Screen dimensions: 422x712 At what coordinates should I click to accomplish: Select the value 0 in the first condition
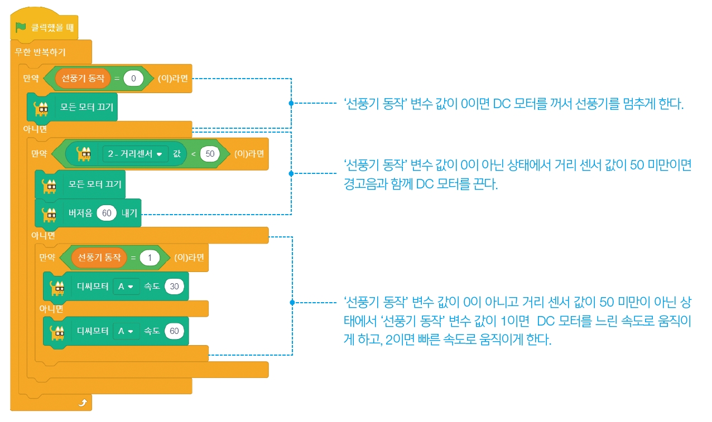point(133,79)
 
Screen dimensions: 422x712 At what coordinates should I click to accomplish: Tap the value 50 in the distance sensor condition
point(209,153)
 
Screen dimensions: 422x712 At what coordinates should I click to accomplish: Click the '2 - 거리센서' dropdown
point(136,153)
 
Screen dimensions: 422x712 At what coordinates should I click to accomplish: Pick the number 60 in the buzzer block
point(107,213)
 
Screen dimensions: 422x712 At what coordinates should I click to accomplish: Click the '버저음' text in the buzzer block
point(80,213)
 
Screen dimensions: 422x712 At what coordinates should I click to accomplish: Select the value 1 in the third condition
point(150,258)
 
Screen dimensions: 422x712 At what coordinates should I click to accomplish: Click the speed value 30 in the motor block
point(175,287)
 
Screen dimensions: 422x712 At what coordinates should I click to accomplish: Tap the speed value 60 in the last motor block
point(175,331)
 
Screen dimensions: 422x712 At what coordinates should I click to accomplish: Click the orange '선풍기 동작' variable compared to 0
point(83,79)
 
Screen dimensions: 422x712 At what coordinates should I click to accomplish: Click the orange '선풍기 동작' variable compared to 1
point(99,258)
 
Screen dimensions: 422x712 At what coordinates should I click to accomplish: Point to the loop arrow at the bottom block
point(83,402)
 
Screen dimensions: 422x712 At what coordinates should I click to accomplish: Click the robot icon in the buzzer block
point(49,214)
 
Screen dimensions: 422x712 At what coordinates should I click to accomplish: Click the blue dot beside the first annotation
point(291,104)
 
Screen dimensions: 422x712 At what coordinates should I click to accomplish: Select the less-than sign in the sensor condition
point(193,153)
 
